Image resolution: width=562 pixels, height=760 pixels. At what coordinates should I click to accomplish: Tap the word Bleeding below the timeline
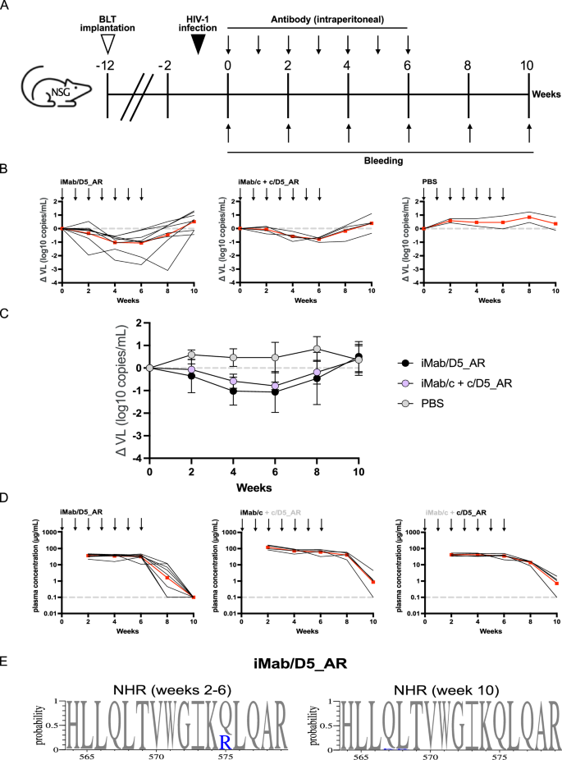pos(380,161)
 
